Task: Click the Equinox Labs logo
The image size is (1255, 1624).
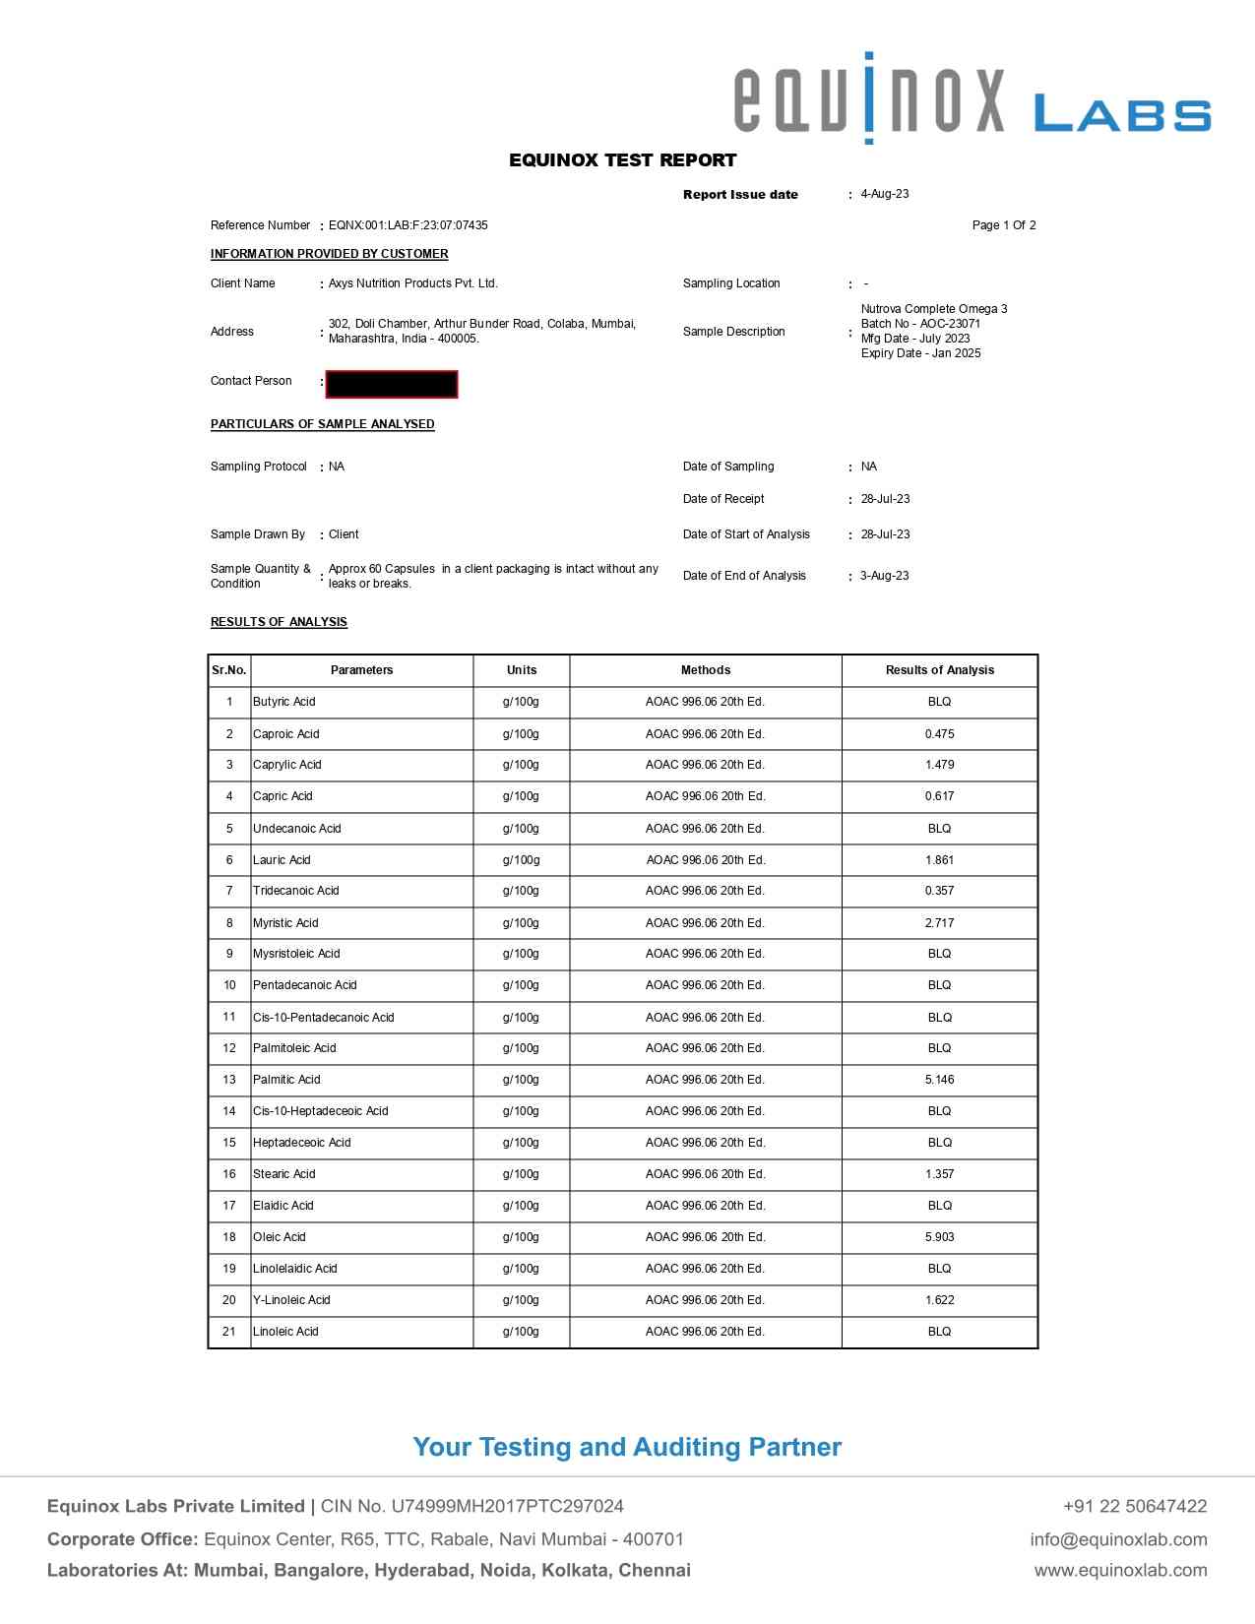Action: [972, 99]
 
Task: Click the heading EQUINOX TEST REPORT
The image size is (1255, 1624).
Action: [622, 160]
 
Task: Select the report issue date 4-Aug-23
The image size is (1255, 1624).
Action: [884, 194]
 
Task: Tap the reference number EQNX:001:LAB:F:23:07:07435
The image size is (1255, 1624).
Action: [408, 225]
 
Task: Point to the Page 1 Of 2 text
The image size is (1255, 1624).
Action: [1003, 225]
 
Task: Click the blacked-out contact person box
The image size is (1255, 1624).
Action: [392, 384]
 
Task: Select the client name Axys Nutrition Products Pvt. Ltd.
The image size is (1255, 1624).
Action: [412, 283]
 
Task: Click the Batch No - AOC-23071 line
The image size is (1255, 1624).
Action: [920, 324]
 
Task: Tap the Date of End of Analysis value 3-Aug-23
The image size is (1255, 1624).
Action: [884, 576]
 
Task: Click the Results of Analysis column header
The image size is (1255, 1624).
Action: [939, 670]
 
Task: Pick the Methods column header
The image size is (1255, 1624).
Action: [705, 670]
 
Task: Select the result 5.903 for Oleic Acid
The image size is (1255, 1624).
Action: [939, 1237]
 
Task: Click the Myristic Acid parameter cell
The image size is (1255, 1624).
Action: [285, 923]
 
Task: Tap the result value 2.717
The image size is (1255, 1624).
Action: [939, 923]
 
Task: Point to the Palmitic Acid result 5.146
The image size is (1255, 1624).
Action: [939, 1080]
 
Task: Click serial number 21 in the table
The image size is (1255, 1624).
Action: [229, 1332]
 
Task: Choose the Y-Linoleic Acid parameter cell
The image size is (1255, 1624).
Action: [291, 1300]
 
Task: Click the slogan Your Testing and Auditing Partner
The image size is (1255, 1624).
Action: [627, 1447]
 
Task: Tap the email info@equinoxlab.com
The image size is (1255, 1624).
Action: [1118, 1539]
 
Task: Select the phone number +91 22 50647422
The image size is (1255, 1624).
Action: [1134, 1506]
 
